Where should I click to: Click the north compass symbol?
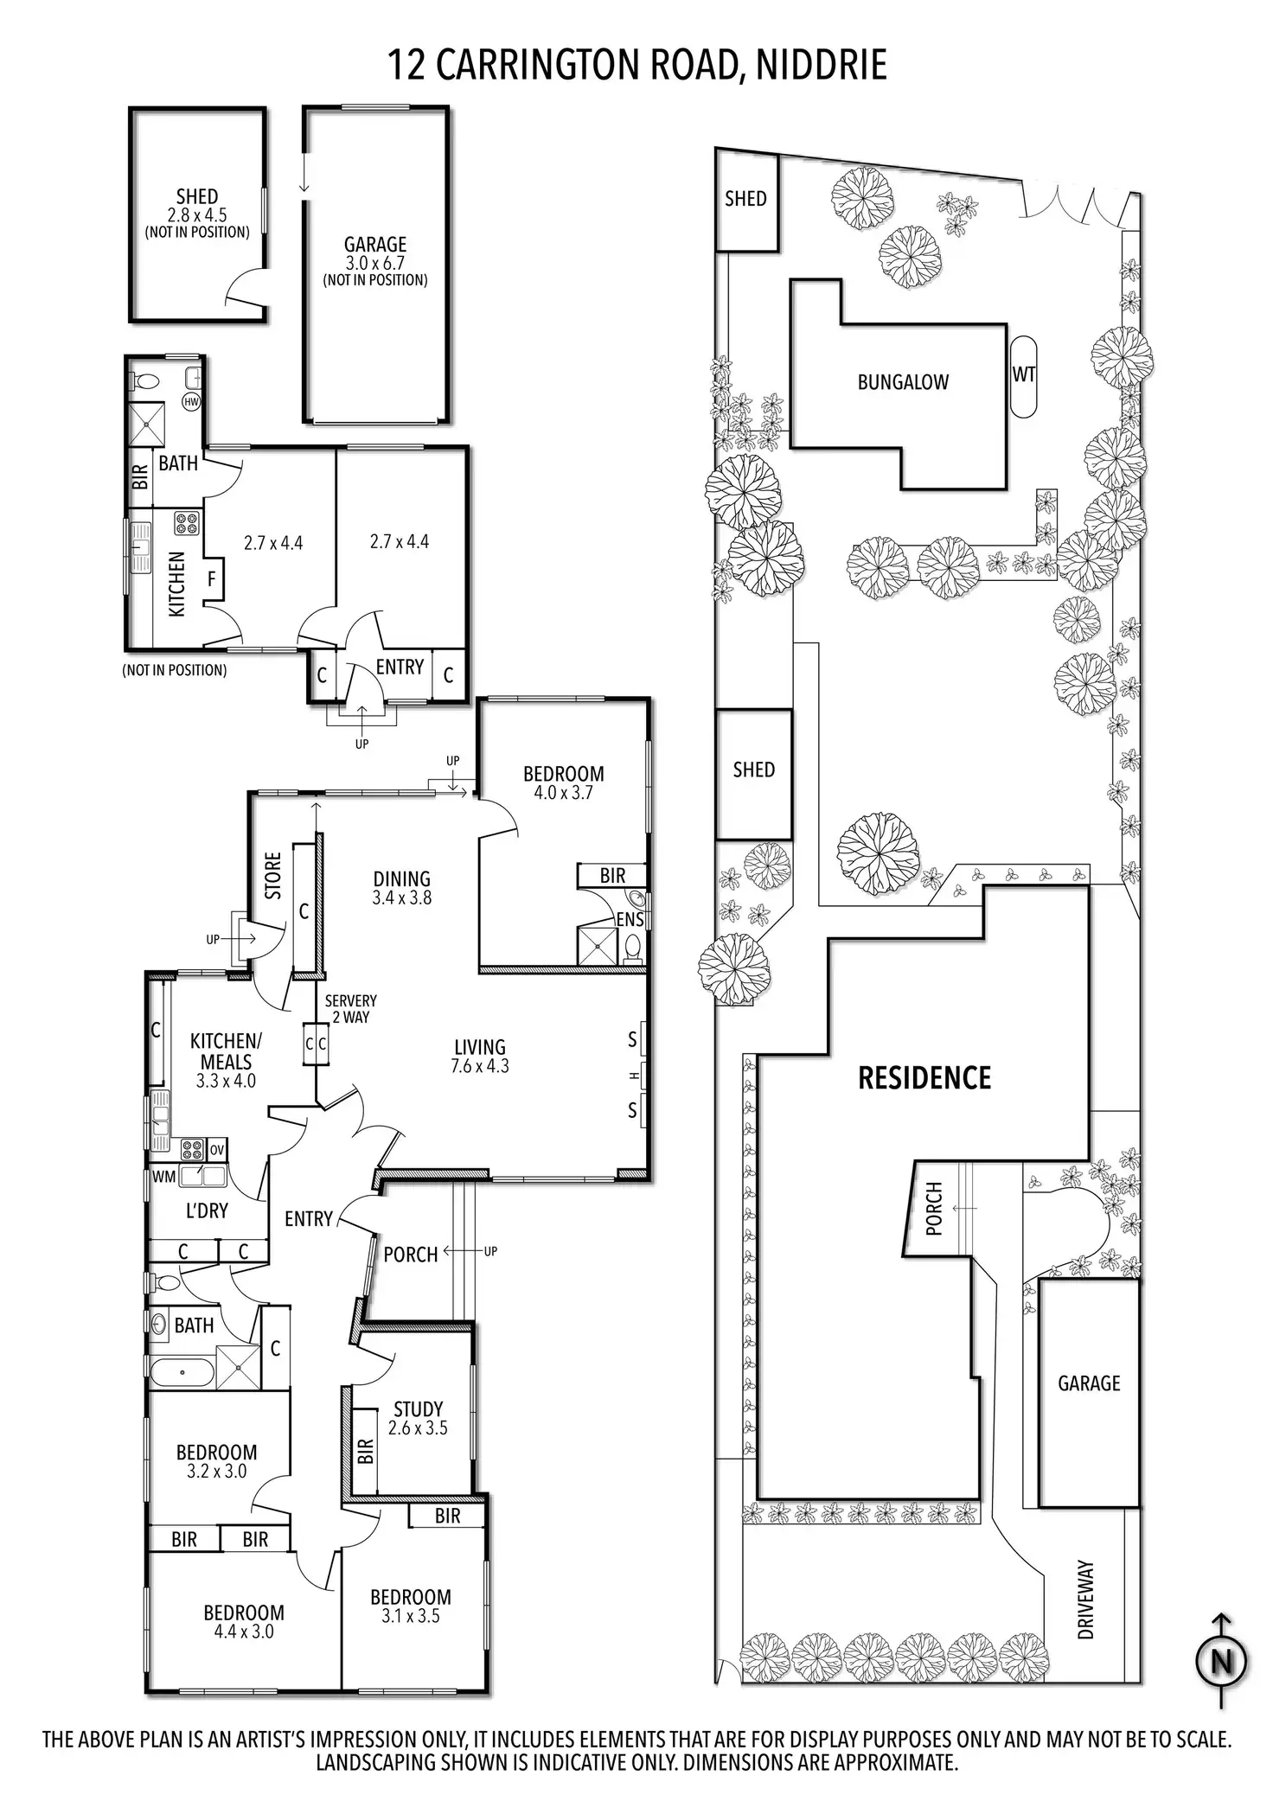1221,1662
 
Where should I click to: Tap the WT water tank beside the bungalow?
1023,375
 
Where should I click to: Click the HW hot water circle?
191,401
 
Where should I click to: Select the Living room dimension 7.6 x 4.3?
480,1066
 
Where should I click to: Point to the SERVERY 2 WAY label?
350,1009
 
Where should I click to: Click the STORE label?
273,876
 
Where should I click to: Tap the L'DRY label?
207,1210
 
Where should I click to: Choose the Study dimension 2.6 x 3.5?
418,1428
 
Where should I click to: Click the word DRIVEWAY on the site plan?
1086,1600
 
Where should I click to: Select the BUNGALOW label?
903,382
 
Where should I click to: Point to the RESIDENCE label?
924,1078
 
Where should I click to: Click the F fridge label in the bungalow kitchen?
212,578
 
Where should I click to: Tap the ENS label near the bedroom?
630,919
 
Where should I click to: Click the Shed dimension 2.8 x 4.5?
197,215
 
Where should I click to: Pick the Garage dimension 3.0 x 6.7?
375,264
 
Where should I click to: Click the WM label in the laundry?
163,1176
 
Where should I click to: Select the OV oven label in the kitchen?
216,1150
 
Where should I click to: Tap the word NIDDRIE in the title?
822,66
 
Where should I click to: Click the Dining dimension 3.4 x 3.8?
402,897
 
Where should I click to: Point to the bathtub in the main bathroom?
180,1372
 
